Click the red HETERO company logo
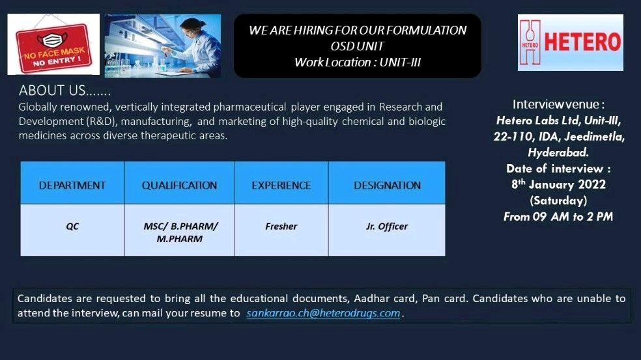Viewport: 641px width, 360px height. tap(570, 42)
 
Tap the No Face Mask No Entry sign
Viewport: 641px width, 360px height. tap(53, 44)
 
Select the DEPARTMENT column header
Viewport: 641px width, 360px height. tap(72, 185)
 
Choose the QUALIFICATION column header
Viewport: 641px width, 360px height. tap(179, 185)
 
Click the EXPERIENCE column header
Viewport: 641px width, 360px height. tap(281, 185)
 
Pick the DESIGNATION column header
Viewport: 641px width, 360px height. tap(387, 185)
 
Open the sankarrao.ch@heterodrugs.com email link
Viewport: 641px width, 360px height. tap(323, 313)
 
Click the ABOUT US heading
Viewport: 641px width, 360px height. tap(64, 90)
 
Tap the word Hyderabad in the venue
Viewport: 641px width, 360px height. tap(558, 152)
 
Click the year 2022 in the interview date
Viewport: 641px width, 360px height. tap(591, 184)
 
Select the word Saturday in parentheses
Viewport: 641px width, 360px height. tap(558, 201)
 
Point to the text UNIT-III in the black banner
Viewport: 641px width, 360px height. tap(400, 62)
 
